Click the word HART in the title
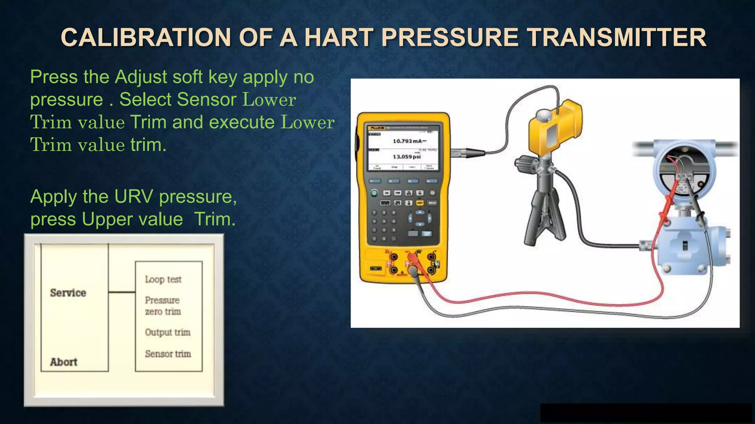click(x=338, y=38)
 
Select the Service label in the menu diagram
click(x=68, y=293)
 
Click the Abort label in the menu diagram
click(x=63, y=362)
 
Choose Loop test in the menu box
click(x=163, y=279)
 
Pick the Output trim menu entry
click(x=167, y=332)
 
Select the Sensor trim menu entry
click(x=168, y=354)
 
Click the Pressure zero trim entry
click(x=163, y=306)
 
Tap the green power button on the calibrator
click(x=374, y=193)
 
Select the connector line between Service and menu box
click(x=122, y=292)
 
